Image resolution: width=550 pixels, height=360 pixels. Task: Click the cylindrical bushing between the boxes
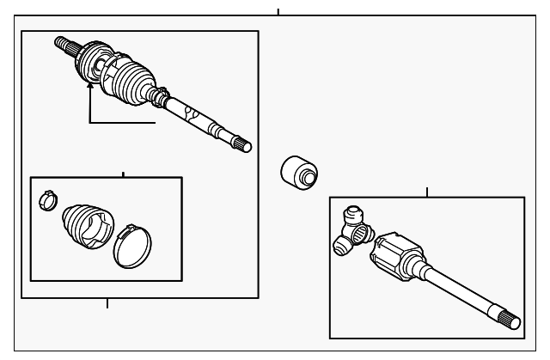pos(299,171)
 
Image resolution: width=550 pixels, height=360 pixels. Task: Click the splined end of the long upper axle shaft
pos(242,143)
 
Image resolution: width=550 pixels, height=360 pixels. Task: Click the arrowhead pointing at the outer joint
pos(90,87)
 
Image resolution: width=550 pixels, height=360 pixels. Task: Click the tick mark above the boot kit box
pos(123,174)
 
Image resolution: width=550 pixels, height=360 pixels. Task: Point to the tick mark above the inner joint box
pos(427,192)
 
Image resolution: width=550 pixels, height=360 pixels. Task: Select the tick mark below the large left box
pos(107,302)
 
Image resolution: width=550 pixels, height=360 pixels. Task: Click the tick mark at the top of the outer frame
pos(278,11)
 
